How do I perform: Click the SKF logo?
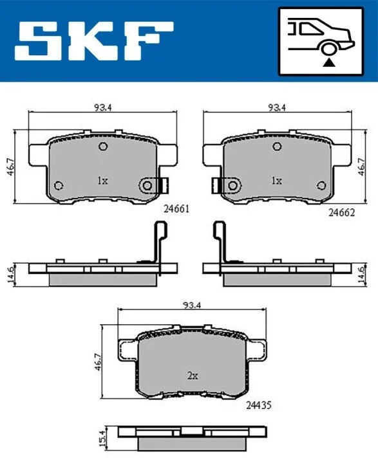pyautogui.click(x=94, y=41)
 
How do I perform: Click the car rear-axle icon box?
pyautogui.click(x=321, y=42)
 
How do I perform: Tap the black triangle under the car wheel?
pyautogui.click(x=328, y=62)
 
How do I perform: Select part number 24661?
pyautogui.click(x=176, y=209)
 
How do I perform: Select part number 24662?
pyautogui.click(x=341, y=212)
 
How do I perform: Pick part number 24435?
pyautogui.click(x=258, y=405)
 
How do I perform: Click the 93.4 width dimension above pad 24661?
pyautogui.click(x=102, y=107)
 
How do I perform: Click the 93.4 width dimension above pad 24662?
pyautogui.click(x=277, y=107)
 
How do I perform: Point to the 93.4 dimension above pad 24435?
pyautogui.click(x=192, y=304)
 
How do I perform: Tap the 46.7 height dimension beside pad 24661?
pyautogui.click(x=10, y=167)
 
